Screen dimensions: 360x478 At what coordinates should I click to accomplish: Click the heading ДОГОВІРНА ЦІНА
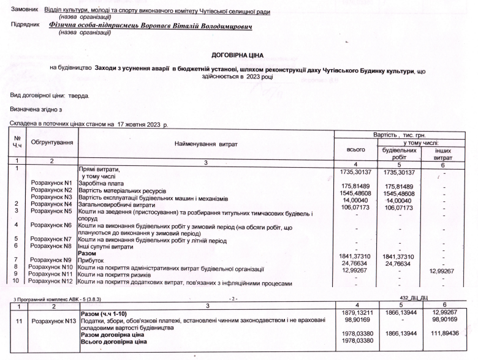click(x=237, y=55)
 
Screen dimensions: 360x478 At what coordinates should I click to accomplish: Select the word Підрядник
click(x=25, y=26)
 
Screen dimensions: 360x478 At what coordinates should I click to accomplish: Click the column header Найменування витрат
click(x=205, y=144)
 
